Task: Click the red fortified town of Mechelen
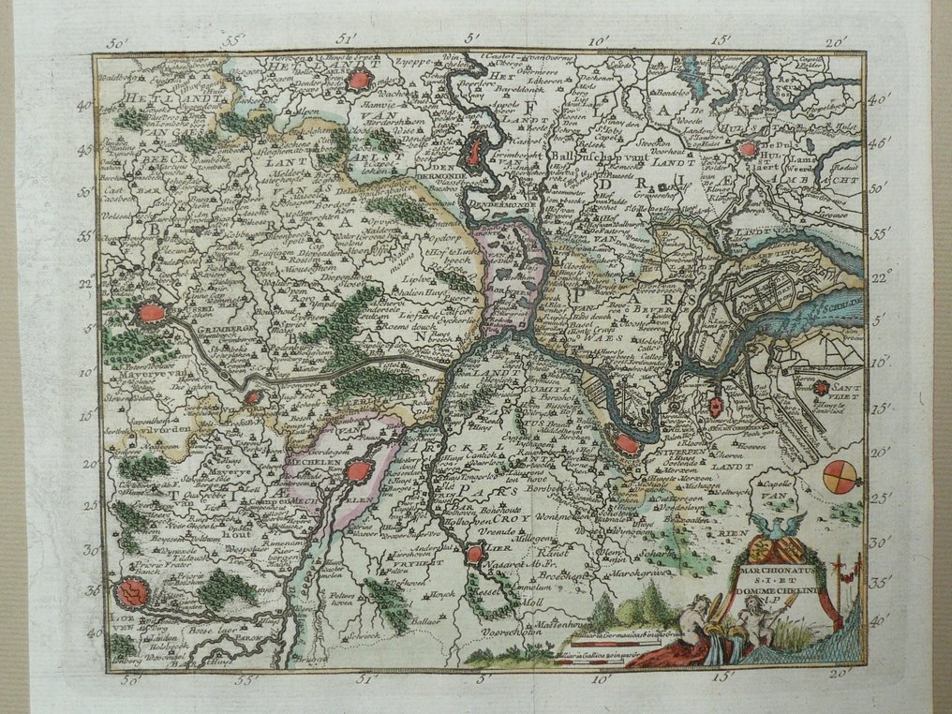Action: (x=354, y=471)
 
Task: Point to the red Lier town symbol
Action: (x=475, y=554)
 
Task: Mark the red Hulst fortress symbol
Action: (x=748, y=148)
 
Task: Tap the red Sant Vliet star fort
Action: (x=821, y=387)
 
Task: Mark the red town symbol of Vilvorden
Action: (x=252, y=397)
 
